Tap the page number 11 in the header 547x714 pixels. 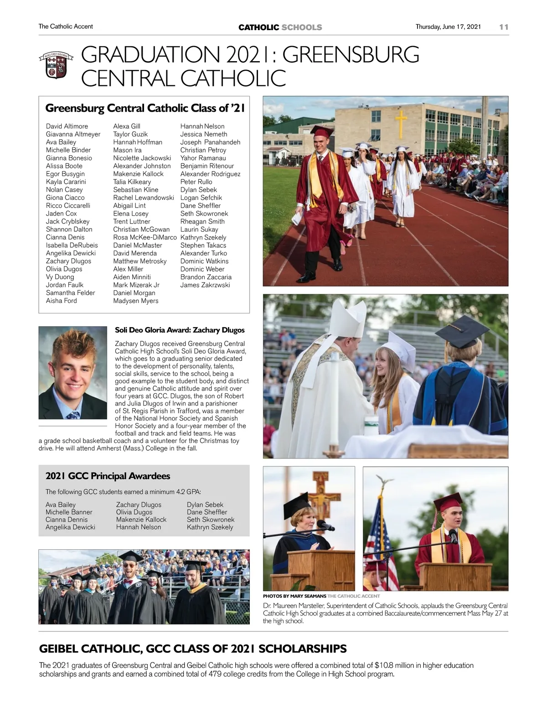[503, 27]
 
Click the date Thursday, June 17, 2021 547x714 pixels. [448, 27]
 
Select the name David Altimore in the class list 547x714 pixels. [67, 126]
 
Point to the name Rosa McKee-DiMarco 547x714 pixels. [144, 237]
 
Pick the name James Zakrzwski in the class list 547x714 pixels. [205, 285]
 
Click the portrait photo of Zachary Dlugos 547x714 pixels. [72, 372]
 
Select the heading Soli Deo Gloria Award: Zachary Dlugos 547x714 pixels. [180, 330]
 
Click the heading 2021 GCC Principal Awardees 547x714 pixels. [108, 476]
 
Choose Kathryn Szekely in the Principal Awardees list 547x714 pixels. [210, 527]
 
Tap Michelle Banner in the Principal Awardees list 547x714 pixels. [69, 512]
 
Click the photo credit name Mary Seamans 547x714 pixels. [309, 596]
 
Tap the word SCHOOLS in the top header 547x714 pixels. [301, 27]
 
